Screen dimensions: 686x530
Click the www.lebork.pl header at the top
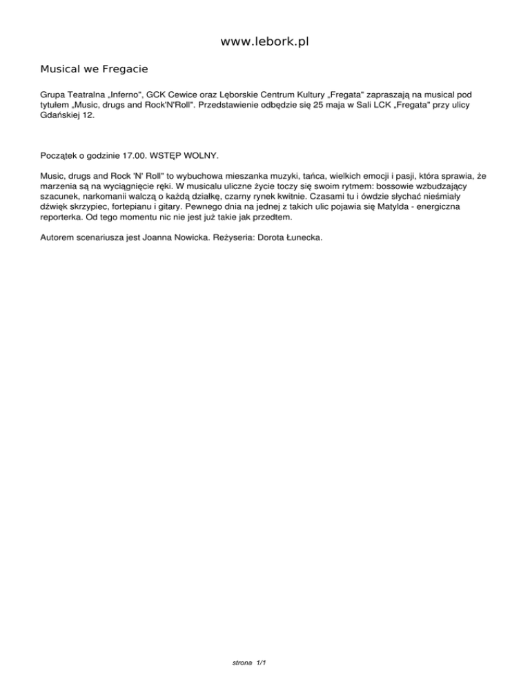[264, 42]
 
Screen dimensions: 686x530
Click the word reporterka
[63, 217]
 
